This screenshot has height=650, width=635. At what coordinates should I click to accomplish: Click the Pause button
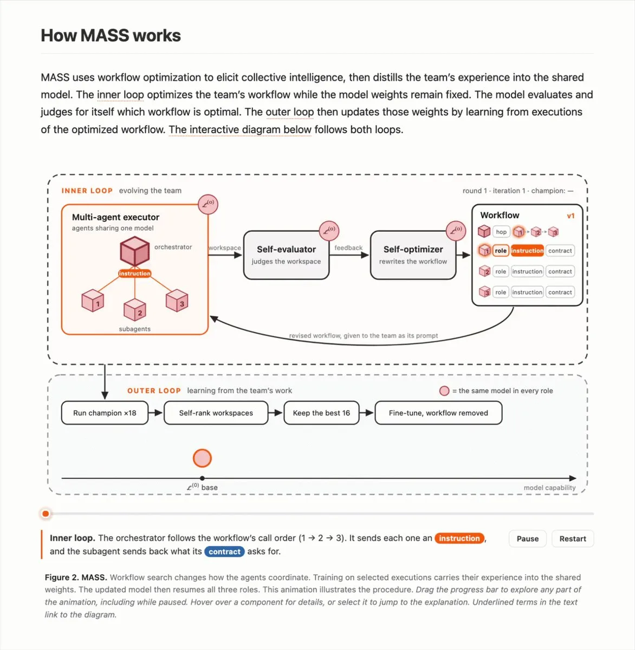pos(527,538)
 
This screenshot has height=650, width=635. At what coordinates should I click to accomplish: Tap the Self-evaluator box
pos(286,255)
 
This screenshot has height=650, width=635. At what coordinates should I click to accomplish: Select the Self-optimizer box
pos(413,255)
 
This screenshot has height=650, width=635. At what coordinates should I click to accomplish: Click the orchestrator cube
pos(134,251)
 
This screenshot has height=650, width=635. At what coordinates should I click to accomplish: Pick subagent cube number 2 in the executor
pos(134,310)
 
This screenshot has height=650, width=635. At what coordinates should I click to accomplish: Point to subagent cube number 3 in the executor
pos(177,300)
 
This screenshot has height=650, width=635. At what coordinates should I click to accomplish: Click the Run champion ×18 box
pos(105,413)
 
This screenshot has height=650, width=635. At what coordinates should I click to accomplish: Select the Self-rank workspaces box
pos(216,413)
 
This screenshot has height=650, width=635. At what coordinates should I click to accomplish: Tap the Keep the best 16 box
pos(321,413)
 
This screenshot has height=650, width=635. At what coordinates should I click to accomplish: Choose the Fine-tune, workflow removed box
pos(438,413)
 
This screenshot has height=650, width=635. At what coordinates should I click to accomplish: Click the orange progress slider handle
pos(46,513)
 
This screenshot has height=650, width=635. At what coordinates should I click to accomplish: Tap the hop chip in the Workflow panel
pos(501,232)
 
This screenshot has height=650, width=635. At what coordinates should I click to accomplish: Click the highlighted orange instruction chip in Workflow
pos(527,250)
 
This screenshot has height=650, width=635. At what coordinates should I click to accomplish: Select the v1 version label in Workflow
pos(571,216)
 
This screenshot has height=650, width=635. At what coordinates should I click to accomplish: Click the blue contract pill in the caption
pos(224,551)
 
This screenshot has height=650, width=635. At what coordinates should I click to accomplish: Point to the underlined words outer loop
pos(290,112)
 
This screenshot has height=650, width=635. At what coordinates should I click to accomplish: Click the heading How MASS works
pos(111,35)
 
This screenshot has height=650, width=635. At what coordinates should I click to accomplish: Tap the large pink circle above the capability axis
pos(202,458)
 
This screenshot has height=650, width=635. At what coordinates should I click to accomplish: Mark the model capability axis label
pos(549,487)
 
